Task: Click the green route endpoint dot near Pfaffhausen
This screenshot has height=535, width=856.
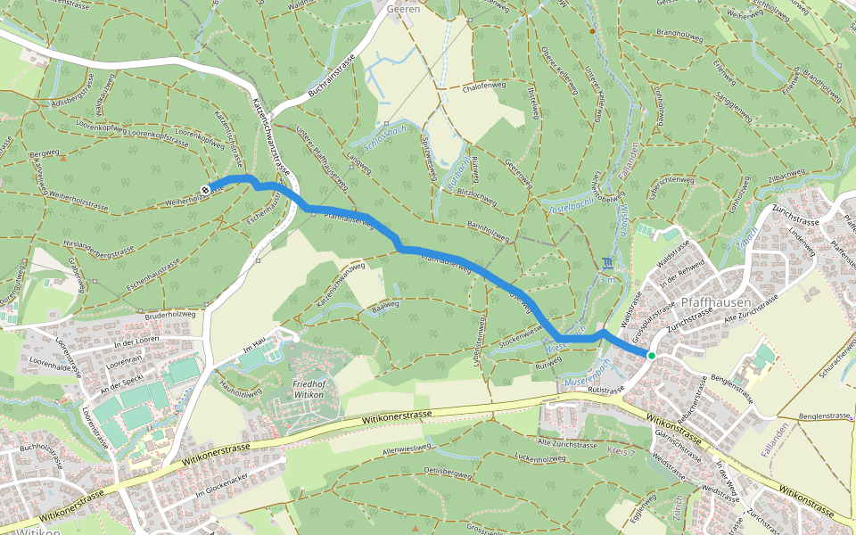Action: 652,356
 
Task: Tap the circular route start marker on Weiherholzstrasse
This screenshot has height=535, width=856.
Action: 206,189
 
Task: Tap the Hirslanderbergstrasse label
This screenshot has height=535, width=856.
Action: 99,246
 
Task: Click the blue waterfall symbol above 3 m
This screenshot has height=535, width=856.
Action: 607,262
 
